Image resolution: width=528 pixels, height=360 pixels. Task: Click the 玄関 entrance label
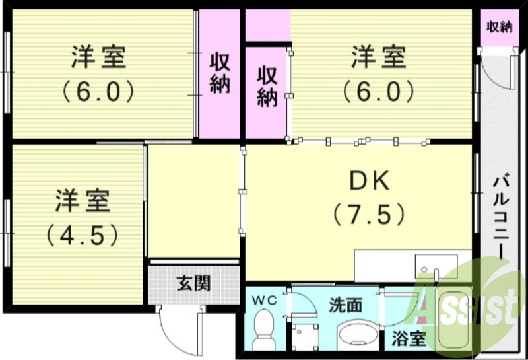[x=193, y=283]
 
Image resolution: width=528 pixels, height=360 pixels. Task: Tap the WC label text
[x=265, y=301]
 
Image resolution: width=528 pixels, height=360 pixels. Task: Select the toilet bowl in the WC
[x=265, y=328]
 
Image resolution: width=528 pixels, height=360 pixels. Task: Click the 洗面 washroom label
[x=346, y=305]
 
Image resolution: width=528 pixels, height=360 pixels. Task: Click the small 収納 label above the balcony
[x=500, y=27]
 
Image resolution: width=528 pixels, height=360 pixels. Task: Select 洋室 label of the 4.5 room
[x=82, y=201]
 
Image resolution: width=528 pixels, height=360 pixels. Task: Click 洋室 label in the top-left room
[x=98, y=57]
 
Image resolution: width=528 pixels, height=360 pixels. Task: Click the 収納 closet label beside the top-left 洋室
[x=220, y=73]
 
